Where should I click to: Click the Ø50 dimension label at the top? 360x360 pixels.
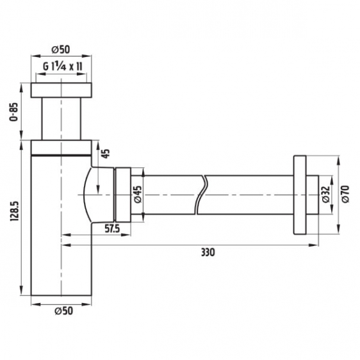click(x=61, y=49)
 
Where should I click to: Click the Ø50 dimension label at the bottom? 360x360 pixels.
click(x=64, y=311)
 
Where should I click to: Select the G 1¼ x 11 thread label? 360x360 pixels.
click(x=62, y=67)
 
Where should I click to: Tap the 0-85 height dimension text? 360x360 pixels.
click(x=13, y=112)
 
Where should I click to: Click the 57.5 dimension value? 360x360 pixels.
click(x=112, y=229)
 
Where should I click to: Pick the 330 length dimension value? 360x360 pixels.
click(x=208, y=252)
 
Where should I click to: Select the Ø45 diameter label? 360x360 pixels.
click(x=138, y=194)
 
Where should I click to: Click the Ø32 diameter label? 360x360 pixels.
click(x=326, y=194)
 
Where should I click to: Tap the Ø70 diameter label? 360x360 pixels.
click(x=345, y=194)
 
